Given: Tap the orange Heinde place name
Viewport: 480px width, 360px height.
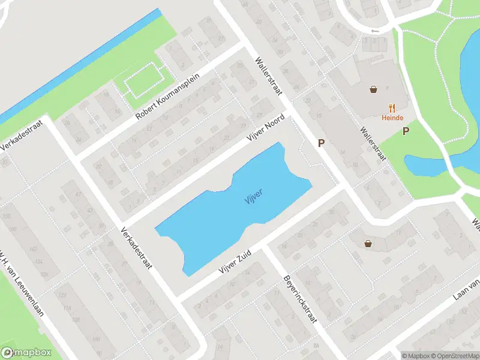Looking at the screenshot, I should pyautogui.click(x=392, y=118).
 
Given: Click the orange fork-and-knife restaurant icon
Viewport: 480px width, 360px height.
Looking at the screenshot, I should pyautogui.click(x=392, y=107).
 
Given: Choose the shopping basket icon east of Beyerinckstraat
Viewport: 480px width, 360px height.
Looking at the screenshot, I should pyautogui.click(x=367, y=243).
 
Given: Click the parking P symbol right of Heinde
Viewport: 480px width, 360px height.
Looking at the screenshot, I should pyautogui.click(x=406, y=131).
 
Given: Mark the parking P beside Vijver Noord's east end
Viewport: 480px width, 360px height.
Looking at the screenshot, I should pyautogui.click(x=322, y=143).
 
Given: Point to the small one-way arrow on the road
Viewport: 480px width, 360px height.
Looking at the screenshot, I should pyautogui.click(x=376, y=31).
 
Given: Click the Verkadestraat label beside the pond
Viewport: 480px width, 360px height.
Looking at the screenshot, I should pyautogui.click(x=137, y=248).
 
